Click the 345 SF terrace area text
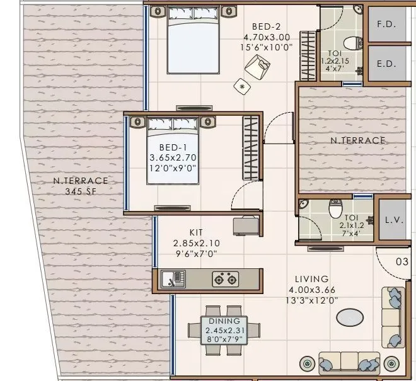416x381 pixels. [x=81, y=191]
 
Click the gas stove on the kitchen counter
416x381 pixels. [x=225, y=278]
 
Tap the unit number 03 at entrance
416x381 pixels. [x=402, y=261]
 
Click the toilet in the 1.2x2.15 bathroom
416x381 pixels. [x=355, y=42]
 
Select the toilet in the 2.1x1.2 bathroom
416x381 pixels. [x=335, y=210]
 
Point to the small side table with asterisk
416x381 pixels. [x=241, y=86]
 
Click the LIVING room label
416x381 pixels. [x=311, y=278]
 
